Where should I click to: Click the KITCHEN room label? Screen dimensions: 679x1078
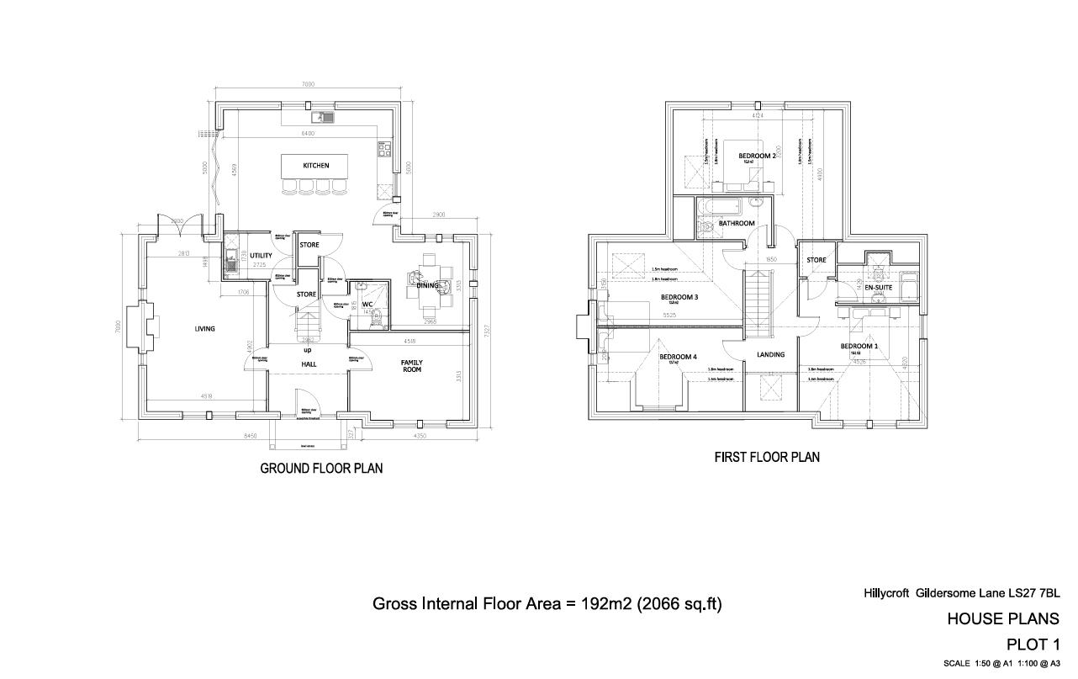click(x=316, y=166)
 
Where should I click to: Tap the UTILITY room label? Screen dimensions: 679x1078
click(x=261, y=255)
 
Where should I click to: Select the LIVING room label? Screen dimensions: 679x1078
click(x=204, y=329)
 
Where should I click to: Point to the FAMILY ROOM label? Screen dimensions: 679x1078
click(x=412, y=367)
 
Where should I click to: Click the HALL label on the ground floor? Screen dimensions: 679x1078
click(x=308, y=363)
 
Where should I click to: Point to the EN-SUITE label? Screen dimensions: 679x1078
click(x=878, y=288)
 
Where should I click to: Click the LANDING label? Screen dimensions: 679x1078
click(x=770, y=355)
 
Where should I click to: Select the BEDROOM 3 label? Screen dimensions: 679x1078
click(x=679, y=297)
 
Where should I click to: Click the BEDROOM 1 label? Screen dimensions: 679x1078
click(x=859, y=347)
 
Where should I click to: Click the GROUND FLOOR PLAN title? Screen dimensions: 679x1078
click(x=321, y=469)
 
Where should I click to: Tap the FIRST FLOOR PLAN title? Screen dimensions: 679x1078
click(x=767, y=458)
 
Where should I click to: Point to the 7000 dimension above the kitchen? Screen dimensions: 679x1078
click(x=308, y=85)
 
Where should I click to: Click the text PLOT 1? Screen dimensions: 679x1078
click(x=1033, y=645)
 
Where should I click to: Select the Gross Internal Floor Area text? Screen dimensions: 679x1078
click(x=547, y=604)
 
